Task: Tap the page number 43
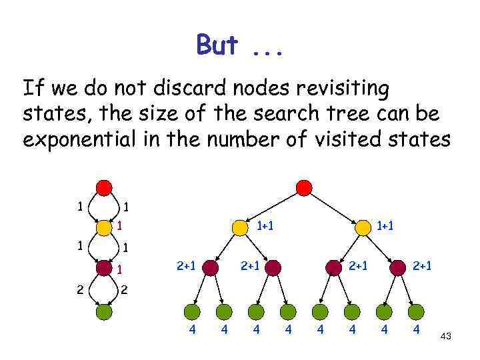click(446, 337)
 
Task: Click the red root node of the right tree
click(303, 187)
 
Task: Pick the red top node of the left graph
click(103, 187)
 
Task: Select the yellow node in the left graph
click(103, 227)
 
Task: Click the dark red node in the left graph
click(103, 267)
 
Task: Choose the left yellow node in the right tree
click(239, 228)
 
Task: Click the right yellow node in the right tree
click(363, 228)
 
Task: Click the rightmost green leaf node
click(415, 311)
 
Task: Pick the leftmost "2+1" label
click(185, 267)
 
